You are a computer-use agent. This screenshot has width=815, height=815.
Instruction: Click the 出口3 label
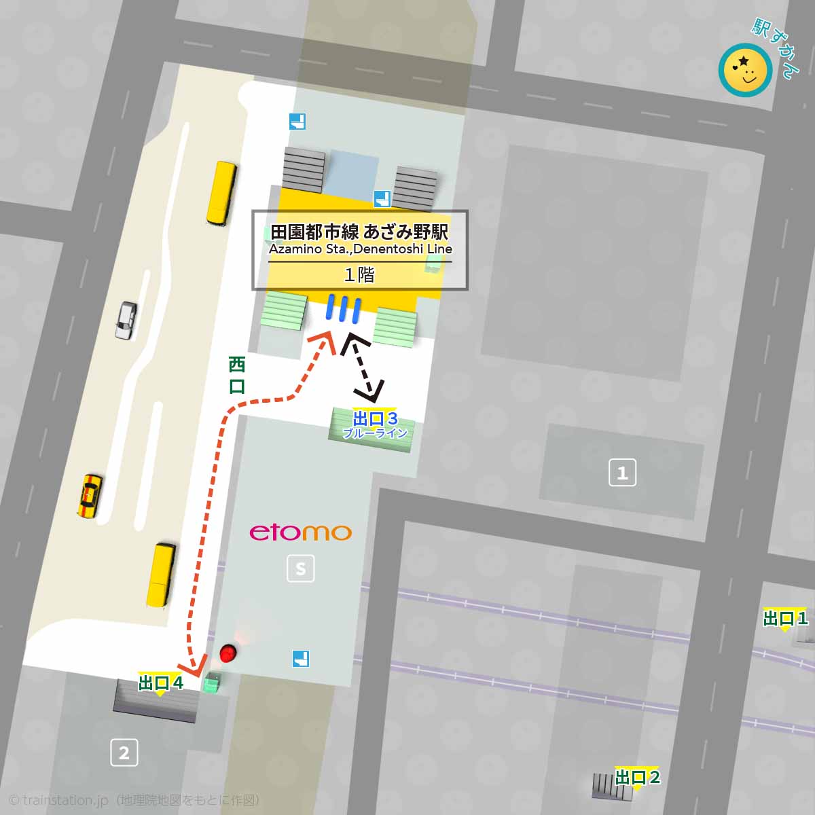[x=375, y=418]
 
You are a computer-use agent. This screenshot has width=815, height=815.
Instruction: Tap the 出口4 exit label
[x=161, y=683]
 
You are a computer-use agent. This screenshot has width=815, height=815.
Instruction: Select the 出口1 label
[x=785, y=618]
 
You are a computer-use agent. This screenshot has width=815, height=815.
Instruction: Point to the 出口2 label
[x=637, y=777]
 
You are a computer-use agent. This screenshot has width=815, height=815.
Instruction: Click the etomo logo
[x=301, y=532]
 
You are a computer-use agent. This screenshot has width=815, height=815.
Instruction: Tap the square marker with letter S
[x=301, y=568]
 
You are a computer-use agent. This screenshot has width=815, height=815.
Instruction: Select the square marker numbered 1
[x=622, y=473]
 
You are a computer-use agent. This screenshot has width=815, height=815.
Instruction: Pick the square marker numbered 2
[x=124, y=753]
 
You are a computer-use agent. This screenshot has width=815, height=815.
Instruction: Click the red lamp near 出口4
[x=228, y=653]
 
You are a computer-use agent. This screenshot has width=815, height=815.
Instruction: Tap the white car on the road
[x=126, y=320]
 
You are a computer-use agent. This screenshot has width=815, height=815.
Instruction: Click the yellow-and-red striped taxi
[x=90, y=495]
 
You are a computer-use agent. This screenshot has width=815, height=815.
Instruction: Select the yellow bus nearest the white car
[x=221, y=193]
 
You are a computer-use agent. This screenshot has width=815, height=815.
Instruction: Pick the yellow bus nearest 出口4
[x=162, y=575]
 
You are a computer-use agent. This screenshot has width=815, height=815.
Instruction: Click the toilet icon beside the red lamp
[x=301, y=658]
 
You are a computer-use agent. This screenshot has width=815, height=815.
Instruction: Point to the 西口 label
[x=236, y=376]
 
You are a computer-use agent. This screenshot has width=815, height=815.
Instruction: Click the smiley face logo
[x=745, y=70]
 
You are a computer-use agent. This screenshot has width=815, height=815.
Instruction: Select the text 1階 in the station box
[x=359, y=275]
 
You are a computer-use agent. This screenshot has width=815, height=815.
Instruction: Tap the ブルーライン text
[x=375, y=433]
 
